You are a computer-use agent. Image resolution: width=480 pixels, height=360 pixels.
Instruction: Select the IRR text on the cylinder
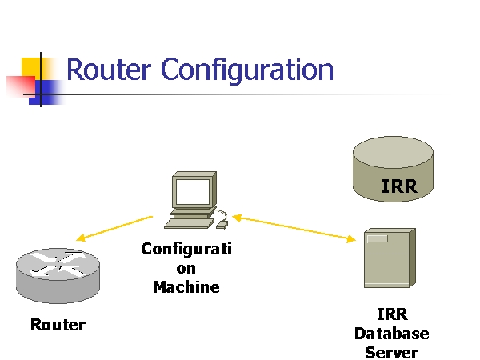(399, 187)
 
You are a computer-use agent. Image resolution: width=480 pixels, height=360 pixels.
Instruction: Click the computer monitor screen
(192, 192)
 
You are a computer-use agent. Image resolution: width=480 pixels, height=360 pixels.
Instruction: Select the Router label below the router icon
(58, 325)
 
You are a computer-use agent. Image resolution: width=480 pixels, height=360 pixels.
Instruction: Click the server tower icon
(389, 258)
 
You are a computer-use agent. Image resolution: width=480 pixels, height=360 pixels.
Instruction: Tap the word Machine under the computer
(186, 286)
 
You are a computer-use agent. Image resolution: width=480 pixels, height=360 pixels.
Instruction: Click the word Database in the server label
(392, 334)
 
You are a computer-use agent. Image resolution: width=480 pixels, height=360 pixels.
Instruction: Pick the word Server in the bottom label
(392, 352)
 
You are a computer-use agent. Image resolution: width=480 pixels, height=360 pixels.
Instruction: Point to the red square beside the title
(17, 85)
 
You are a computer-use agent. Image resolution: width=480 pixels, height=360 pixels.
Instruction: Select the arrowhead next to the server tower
(351, 238)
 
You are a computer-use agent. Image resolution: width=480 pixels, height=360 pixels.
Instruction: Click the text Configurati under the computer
(186, 249)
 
